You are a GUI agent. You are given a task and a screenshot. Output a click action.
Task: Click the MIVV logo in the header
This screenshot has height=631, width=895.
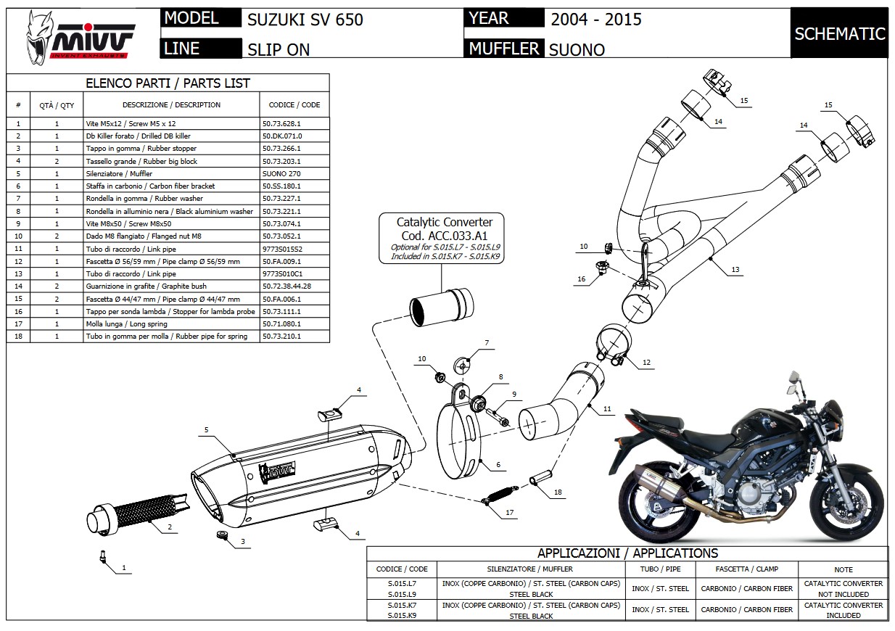point(81,36)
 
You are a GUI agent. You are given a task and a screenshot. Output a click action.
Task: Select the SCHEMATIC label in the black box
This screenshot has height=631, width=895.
point(839,33)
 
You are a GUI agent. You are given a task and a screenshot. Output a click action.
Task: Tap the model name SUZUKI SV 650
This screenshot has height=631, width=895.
point(305,20)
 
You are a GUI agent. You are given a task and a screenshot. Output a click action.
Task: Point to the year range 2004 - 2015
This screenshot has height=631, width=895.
point(595,20)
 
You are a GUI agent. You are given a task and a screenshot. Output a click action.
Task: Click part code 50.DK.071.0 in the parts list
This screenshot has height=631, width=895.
point(282,136)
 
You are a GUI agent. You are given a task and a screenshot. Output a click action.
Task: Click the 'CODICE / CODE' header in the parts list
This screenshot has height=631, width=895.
point(294,105)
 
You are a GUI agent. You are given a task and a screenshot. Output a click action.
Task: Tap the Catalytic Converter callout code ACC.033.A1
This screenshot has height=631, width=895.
point(445,236)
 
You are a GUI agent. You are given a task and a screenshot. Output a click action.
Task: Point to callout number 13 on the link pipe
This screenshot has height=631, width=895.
point(735,270)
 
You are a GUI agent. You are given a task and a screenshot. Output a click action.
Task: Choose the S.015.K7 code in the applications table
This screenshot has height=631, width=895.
point(402,605)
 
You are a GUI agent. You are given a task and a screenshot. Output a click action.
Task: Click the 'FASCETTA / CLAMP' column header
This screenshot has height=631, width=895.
point(747,569)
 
